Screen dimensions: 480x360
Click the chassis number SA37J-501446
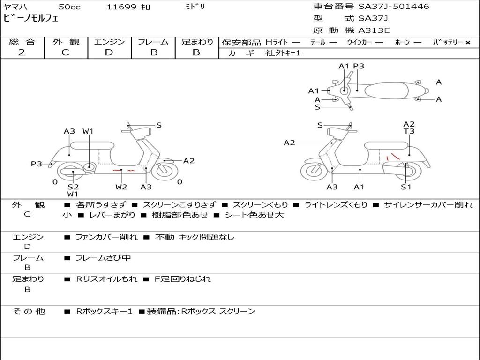coord(394,7)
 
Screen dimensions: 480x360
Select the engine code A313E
coord(374,31)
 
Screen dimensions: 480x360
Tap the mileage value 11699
coord(121,7)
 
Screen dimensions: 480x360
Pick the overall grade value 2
coord(22,52)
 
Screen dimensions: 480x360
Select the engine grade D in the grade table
coord(109,52)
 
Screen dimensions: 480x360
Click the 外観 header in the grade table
coord(66,42)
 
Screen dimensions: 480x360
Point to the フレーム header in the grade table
coord(153,42)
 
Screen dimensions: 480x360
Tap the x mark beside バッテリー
coord(468,42)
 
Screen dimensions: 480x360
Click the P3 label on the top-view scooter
coord(359,66)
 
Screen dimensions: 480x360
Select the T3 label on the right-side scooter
coord(409,132)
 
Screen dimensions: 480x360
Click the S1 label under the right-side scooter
coord(406,187)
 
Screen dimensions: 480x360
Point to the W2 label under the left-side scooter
coord(121,187)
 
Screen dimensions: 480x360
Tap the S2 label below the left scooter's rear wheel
coord(73,187)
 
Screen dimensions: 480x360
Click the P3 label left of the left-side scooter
coord(37,164)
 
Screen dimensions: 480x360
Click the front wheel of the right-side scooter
coord(314,171)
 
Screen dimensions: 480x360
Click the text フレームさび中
coord(104,258)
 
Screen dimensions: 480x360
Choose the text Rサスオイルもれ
coord(107,279)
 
